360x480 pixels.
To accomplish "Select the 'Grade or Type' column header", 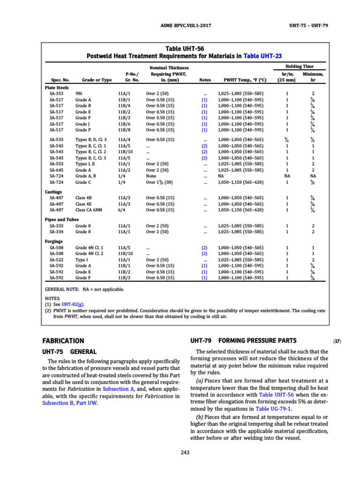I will tap(97, 80).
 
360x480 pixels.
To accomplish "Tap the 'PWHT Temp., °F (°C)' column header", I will tap(242, 80).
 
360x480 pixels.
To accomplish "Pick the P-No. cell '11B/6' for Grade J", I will tap(125, 124).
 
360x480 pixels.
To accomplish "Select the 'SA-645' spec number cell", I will tap(57, 170).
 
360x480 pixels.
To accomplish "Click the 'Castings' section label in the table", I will tap(54, 192).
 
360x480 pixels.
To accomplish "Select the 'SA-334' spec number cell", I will tap(57, 232).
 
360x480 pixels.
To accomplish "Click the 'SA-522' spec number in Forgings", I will tap(57, 259).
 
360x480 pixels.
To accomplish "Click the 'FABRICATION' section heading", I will tap(63, 341).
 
